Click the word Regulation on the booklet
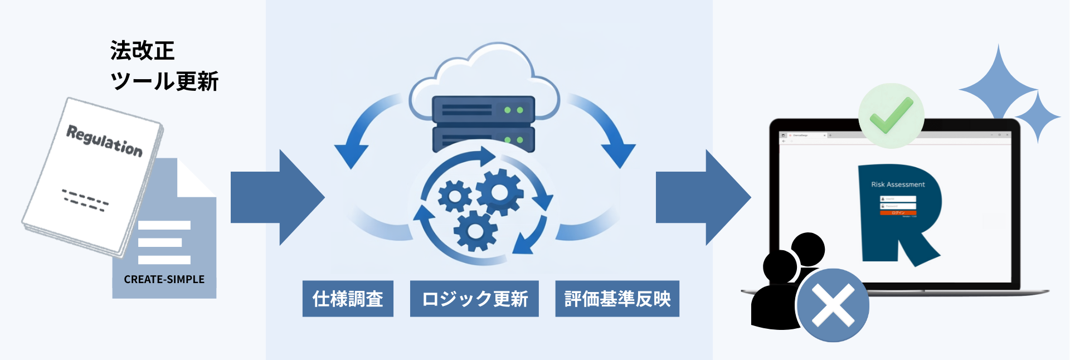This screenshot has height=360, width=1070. click(x=105, y=140)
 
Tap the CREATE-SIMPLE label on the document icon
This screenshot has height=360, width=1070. click(x=164, y=279)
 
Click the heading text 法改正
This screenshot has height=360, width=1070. click(x=143, y=51)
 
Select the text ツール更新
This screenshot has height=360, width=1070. click(x=164, y=81)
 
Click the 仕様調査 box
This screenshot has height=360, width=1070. click(x=348, y=299)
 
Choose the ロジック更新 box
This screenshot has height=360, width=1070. click(x=474, y=299)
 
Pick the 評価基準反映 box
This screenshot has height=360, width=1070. click(x=617, y=299)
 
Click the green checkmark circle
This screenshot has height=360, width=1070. click(x=891, y=116)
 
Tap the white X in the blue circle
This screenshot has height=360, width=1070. click(x=833, y=305)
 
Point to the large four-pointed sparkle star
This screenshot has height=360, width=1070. click(x=998, y=89)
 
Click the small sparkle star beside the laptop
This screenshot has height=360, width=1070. click(x=1038, y=117)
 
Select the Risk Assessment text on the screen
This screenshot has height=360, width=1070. click(x=898, y=184)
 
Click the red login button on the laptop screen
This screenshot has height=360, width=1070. click(x=898, y=212)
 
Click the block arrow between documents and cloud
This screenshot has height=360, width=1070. click(x=277, y=197)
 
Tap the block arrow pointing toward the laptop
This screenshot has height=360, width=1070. click(x=703, y=197)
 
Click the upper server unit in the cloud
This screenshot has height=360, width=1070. click(x=483, y=109)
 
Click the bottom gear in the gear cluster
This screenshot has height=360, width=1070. click(x=475, y=230)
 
